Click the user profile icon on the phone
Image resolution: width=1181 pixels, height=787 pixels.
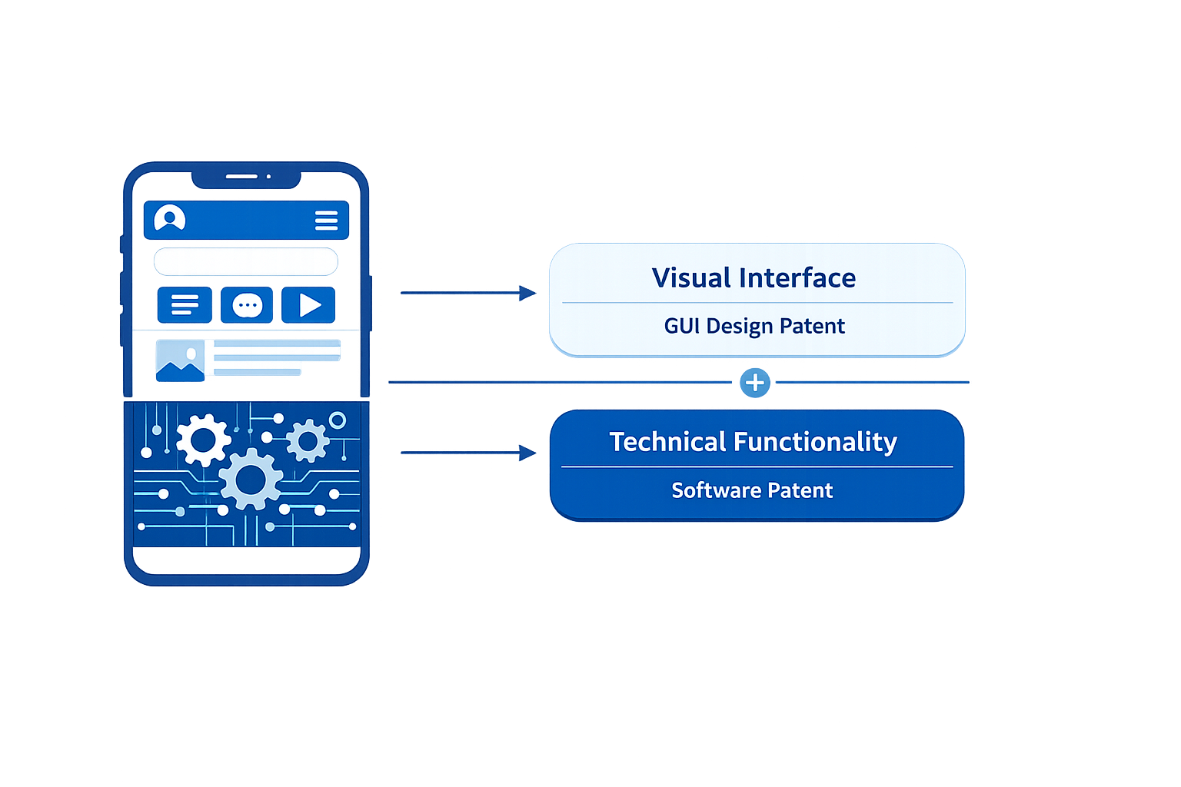coord(170,218)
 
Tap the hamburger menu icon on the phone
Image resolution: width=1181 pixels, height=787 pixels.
coord(326,221)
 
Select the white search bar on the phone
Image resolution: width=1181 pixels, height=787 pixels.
coord(246,261)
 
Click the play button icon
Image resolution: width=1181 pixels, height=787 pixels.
coord(308,305)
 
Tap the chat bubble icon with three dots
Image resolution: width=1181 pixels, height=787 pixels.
coord(247,305)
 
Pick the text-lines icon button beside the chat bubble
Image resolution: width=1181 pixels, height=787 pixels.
coord(185,305)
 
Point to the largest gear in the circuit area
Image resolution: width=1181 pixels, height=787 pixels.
coord(251,480)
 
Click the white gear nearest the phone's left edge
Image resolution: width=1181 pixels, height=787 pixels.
coord(203,440)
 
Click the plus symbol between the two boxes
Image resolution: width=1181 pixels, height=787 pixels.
coord(755,382)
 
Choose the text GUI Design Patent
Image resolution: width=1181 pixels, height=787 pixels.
coord(754,326)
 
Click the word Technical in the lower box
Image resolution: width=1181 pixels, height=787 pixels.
coord(667,442)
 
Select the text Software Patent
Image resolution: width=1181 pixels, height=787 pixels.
coord(752,490)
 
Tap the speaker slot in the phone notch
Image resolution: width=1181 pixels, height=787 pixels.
coord(241,177)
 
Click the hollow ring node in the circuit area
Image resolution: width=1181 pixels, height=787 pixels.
coord(337,420)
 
